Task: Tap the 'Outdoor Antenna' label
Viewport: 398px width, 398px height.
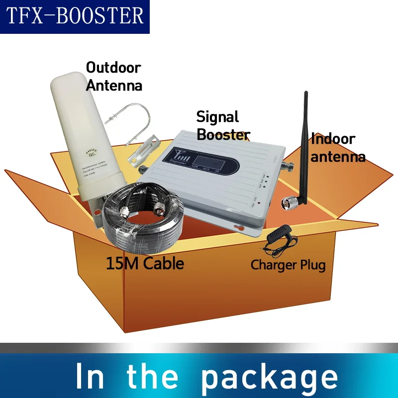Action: (x=114, y=76)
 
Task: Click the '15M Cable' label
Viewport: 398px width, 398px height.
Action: (x=145, y=263)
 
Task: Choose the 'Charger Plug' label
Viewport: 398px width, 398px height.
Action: (x=288, y=264)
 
